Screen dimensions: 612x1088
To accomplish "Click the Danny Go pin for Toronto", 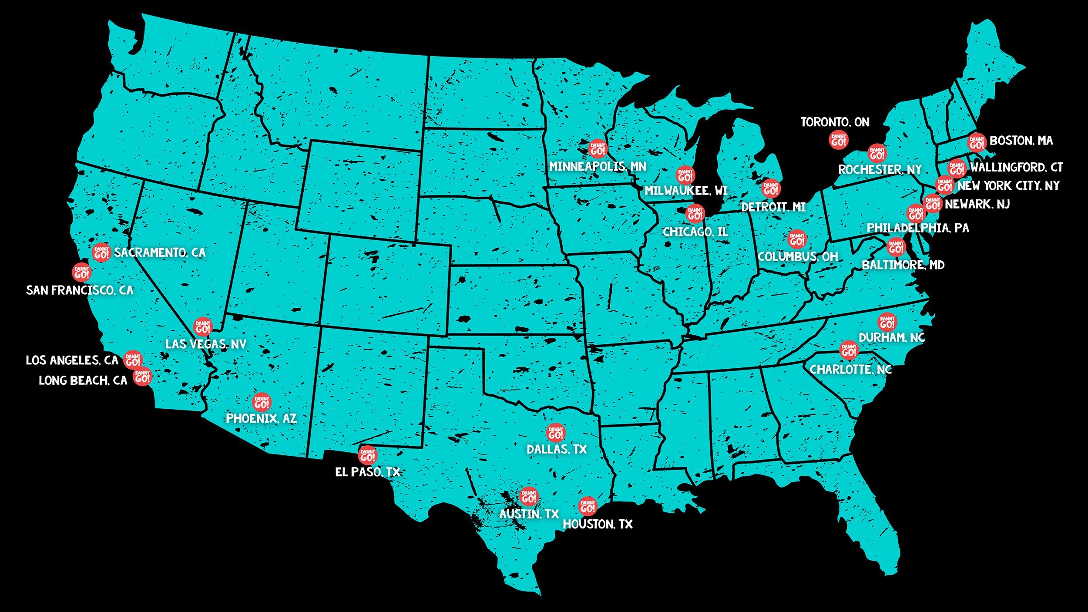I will (838, 140).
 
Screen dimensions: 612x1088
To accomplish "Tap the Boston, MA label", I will (1021, 141).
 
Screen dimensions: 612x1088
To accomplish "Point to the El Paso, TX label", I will (367, 472).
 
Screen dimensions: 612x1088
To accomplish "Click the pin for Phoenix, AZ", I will (262, 403).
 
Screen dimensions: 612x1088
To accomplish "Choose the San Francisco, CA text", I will (80, 290).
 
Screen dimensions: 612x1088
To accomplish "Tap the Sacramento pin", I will (101, 252).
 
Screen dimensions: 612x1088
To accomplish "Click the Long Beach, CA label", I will (83, 380).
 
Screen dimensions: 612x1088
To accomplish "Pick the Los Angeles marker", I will (133, 360).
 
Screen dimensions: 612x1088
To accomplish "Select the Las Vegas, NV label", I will (206, 344).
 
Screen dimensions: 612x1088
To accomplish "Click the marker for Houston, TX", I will (588, 506).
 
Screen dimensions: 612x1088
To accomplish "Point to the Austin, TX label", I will (529, 514).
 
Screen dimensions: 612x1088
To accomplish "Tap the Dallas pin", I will (556, 433).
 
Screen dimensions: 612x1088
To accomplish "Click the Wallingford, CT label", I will (1017, 167).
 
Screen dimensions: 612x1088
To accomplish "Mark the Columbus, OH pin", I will (797, 239).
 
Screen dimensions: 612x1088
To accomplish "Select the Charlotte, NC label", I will (850, 370).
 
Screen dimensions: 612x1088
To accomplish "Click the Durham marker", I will (887, 322).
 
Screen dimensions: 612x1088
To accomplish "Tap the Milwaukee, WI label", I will (686, 191).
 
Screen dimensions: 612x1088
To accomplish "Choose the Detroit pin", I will (771, 189).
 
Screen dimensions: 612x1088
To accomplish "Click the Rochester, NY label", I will (880, 169).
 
